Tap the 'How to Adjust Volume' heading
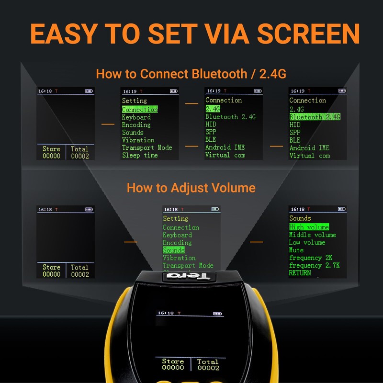(x=191, y=187)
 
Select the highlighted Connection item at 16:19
(x=139, y=110)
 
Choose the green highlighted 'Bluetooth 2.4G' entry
(x=315, y=117)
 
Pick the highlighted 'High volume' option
(x=309, y=227)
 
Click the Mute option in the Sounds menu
(x=296, y=250)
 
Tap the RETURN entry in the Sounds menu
(x=300, y=273)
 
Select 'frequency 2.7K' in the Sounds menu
(x=314, y=265)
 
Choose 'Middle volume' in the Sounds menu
(x=312, y=235)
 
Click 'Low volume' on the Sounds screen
(x=307, y=242)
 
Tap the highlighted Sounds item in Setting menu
(x=173, y=250)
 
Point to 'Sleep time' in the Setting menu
(x=139, y=155)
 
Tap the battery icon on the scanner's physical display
(x=218, y=314)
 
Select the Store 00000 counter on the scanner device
(x=173, y=364)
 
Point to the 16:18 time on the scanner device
(x=166, y=313)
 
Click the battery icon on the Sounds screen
(x=341, y=209)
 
